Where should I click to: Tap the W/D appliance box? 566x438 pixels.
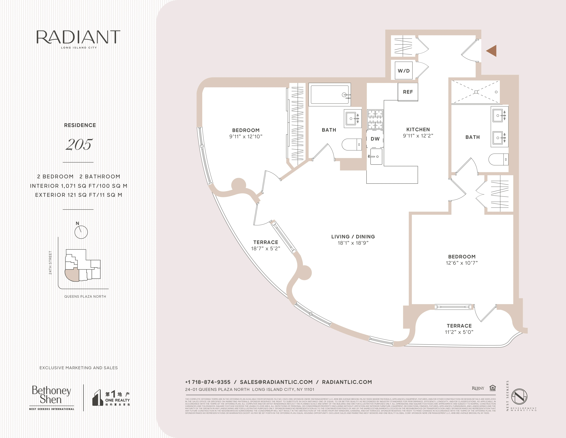tap(403, 71)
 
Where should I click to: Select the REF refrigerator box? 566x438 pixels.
tap(408, 92)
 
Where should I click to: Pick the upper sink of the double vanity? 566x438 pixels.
tap(499, 115)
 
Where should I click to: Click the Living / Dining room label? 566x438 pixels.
tap(353, 237)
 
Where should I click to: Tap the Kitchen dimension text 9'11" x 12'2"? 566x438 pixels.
tap(418, 136)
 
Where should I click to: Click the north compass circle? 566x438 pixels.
tap(81, 232)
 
